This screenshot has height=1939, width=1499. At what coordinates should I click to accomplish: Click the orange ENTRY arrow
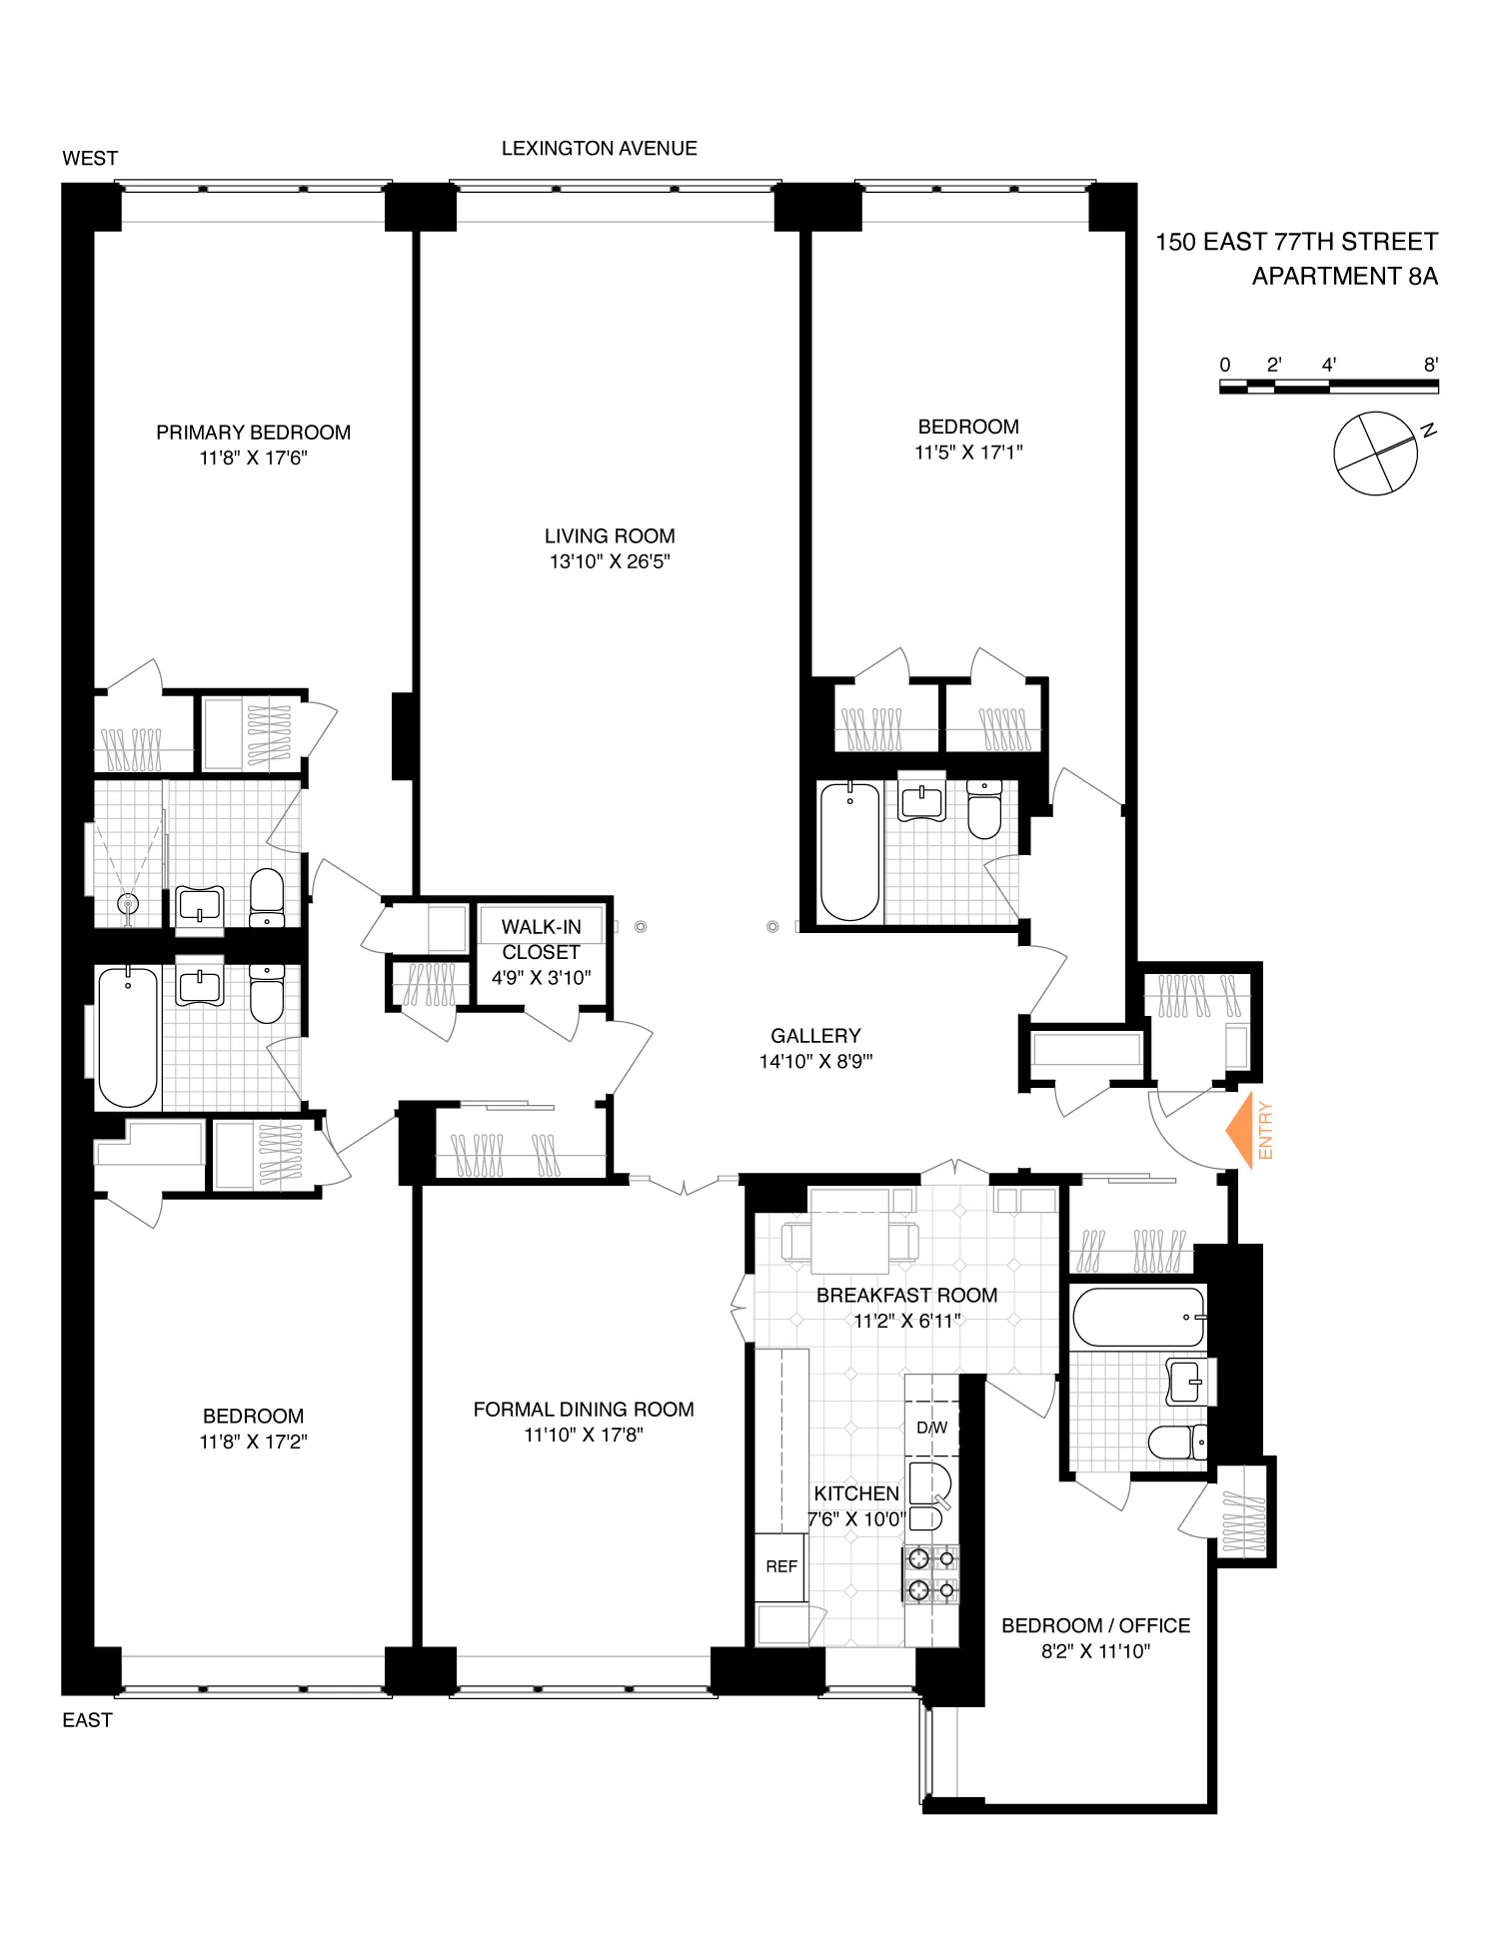pyautogui.click(x=1242, y=1130)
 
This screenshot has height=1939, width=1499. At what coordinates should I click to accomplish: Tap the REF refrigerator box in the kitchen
pyautogui.click(x=780, y=1566)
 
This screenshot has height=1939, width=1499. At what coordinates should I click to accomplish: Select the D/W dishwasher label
pyautogui.click(x=931, y=1428)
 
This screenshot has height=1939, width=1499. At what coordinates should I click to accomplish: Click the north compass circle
pyautogui.click(x=1375, y=453)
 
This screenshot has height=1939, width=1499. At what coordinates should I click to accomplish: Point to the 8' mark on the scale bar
pyautogui.click(x=1430, y=366)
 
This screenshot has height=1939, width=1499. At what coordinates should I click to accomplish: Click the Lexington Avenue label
pyautogui.click(x=599, y=149)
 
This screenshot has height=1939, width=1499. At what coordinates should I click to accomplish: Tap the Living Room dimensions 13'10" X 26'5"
pyautogui.click(x=609, y=561)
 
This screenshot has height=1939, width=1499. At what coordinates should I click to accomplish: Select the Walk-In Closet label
pyautogui.click(x=541, y=939)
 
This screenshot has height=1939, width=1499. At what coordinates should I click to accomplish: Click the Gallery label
pyautogui.click(x=815, y=1036)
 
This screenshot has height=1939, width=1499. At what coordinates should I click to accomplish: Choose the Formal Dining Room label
pyautogui.click(x=583, y=1410)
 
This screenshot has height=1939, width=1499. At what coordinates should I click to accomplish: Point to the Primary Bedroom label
pyautogui.click(x=253, y=433)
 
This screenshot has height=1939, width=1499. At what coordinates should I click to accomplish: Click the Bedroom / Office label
pyautogui.click(x=1095, y=1625)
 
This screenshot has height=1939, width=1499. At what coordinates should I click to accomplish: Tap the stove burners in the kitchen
pyautogui.click(x=930, y=1574)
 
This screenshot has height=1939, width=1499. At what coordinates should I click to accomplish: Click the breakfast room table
pyautogui.click(x=849, y=1243)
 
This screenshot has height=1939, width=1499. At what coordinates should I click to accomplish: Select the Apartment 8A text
pyautogui.click(x=1344, y=277)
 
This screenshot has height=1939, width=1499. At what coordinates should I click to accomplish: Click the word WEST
pyautogui.click(x=90, y=159)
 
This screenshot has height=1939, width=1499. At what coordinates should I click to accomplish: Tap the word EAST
pyautogui.click(x=87, y=1720)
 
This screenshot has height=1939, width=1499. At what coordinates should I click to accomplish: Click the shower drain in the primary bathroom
pyautogui.click(x=127, y=904)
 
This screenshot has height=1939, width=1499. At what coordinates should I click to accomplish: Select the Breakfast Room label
pyautogui.click(x=906, y=1296)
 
